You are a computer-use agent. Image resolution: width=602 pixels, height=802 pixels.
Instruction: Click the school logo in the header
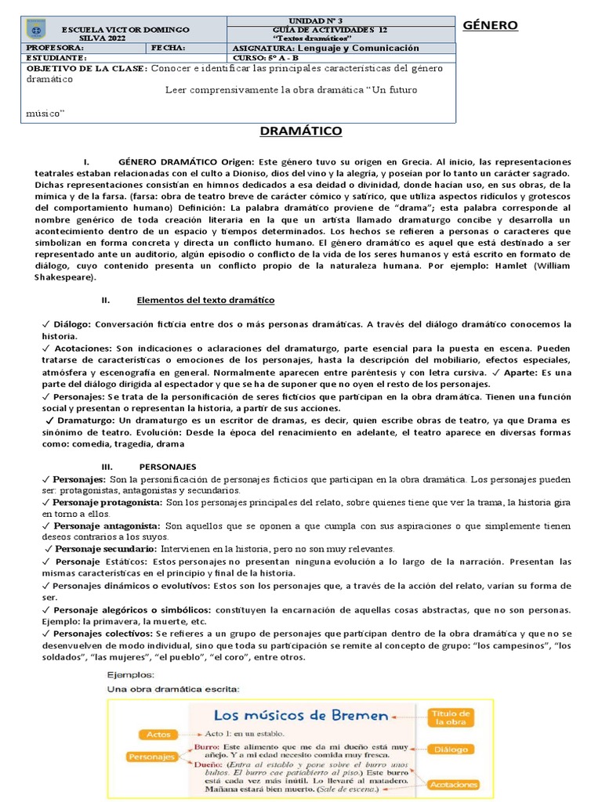34,31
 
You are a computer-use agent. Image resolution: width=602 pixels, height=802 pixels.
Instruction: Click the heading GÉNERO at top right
490,25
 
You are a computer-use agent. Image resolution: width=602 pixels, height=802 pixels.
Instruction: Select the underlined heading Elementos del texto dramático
205,301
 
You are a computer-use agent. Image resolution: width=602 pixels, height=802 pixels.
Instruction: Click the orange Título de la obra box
450,717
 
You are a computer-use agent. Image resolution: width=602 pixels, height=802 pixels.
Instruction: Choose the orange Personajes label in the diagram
150,757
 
